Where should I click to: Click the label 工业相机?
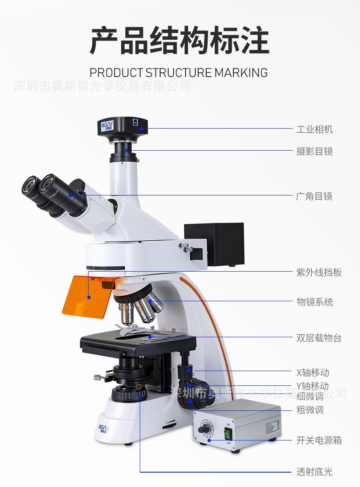(x=314, y=129)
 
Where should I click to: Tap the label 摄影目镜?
(x=314, y=151)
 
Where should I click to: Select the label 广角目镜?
(x=314, y=196)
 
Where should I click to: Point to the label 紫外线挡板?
(x=319, y=272)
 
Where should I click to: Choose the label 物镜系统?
(x=315, y=302)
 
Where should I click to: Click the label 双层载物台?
(x=319, y=338)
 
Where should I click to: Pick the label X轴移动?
(x=313, y=373)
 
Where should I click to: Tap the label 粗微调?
(x=310, y=410)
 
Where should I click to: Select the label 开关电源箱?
(x=319, y=440)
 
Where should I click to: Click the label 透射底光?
(x=314, y=472)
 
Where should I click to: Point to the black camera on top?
(x=123, y=127)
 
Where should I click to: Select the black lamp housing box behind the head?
(x=214, y=244)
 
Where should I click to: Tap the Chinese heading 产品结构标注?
(x=179, y=41)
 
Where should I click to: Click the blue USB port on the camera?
(x=136, y=122)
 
